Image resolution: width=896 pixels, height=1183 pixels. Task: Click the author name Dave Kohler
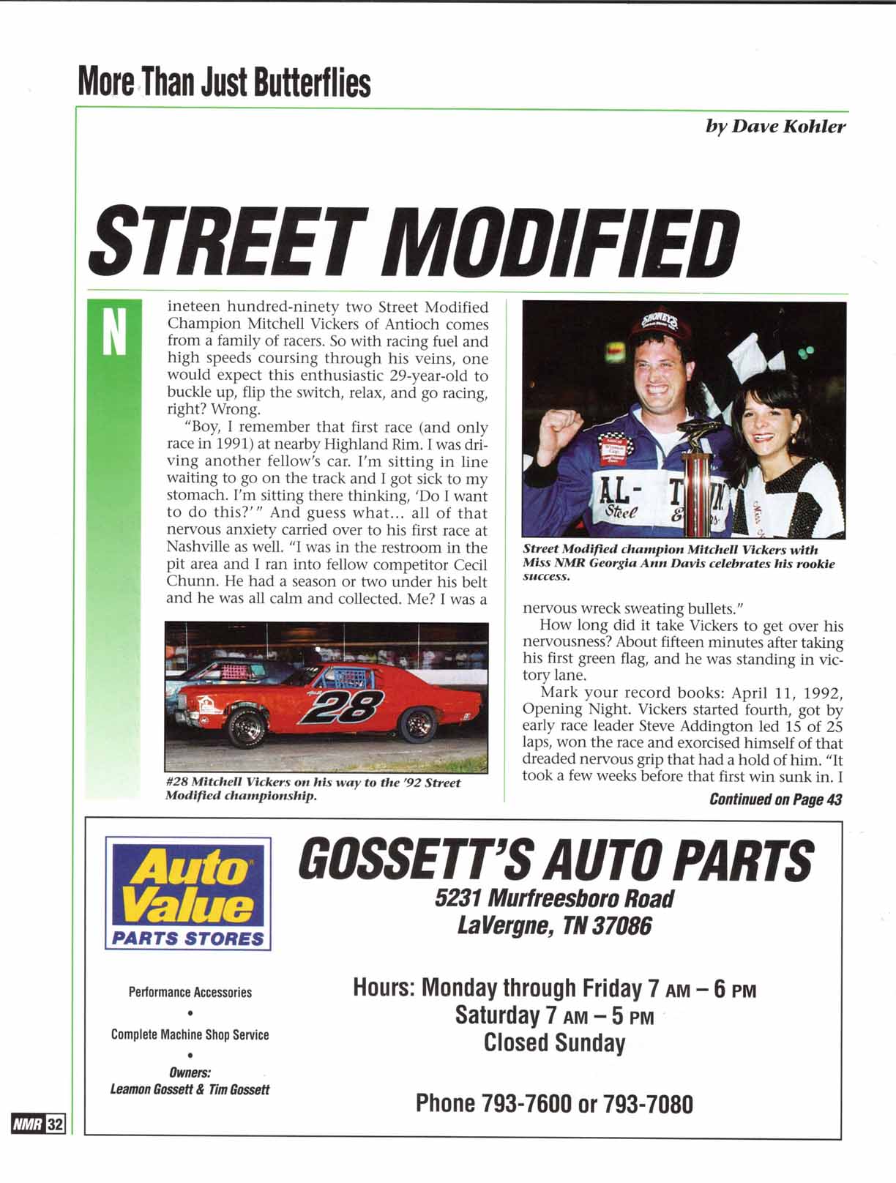click(x=775, y=127)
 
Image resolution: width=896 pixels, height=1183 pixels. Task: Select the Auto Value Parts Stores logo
click(x=188, y=893)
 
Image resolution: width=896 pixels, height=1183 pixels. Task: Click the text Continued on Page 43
click(x=775, y=799)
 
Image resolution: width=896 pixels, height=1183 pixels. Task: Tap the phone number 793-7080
click(x=648, y=1103)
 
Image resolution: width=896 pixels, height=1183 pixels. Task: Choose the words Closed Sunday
click(x=554, y=1042)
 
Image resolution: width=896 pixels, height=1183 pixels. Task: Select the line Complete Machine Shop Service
click(x=190, y=1034)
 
